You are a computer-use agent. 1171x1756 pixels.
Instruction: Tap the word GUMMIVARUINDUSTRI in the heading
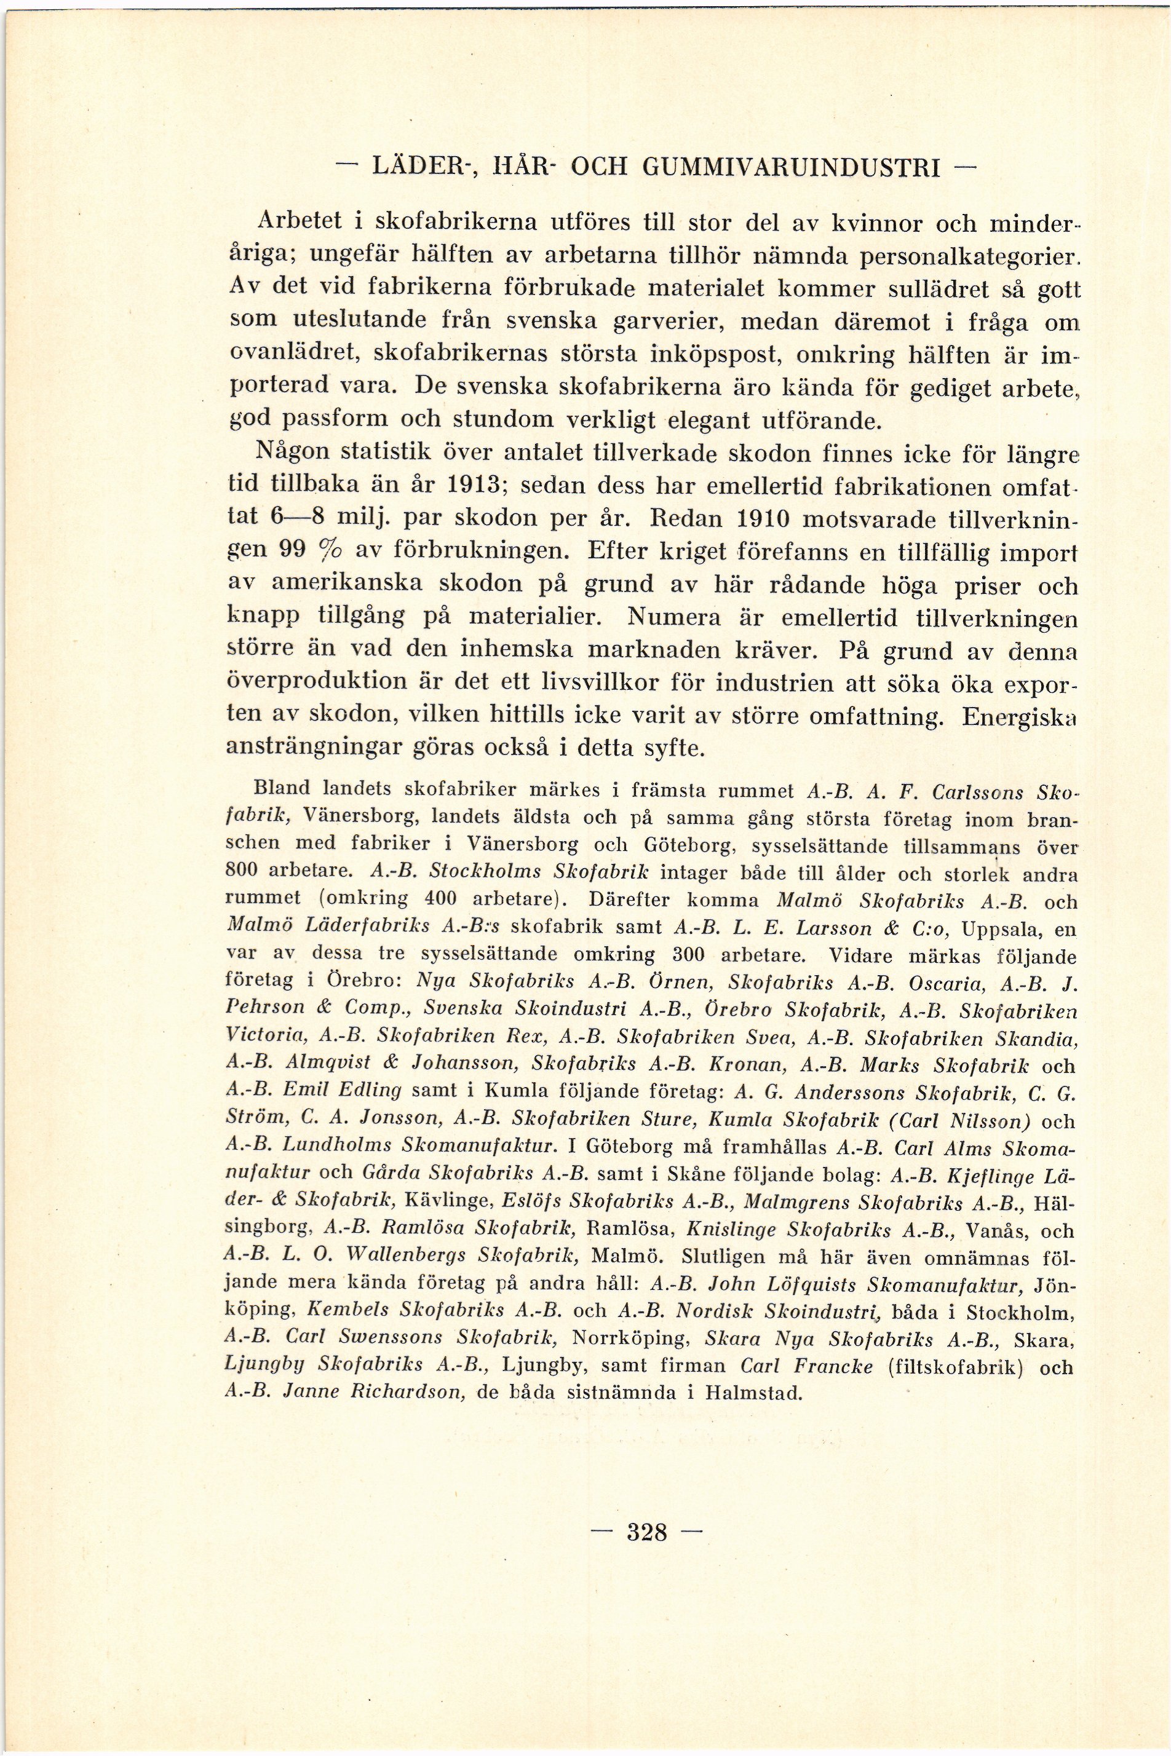790,168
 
